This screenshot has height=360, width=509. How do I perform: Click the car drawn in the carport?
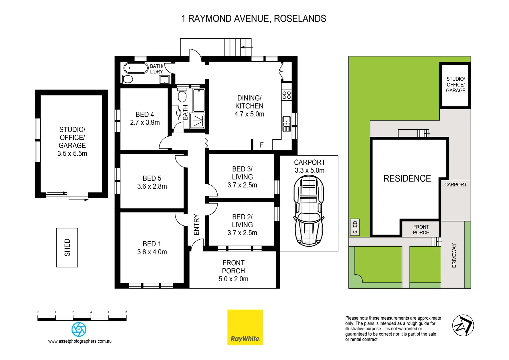coord(309,211)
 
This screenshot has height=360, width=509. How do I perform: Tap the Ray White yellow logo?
coord(245,327)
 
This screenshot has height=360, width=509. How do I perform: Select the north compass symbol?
coord(463,325)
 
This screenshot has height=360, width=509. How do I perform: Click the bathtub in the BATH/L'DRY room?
coord(136,68)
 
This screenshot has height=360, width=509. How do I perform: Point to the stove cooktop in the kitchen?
coord(286,95)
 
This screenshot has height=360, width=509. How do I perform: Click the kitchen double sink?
coord(286,124)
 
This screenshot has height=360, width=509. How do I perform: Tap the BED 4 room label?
coord(145,114)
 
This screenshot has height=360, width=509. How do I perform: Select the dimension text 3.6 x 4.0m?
coord(152,252)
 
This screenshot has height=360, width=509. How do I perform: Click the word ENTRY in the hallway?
coord(197,225)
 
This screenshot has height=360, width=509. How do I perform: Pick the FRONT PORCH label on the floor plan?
coord(233,267)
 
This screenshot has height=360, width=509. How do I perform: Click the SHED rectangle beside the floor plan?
coord(67,247)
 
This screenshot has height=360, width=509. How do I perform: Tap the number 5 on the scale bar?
coord(126,312)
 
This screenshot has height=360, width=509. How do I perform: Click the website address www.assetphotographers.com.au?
coord(80,341)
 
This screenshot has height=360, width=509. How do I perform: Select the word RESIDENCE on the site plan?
coord(407,178)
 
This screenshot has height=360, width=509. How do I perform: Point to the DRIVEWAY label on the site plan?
coord(454,255)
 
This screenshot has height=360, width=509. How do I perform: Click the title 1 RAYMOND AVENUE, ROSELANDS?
coord(254,19)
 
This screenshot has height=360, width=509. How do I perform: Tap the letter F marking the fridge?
coord(261,145)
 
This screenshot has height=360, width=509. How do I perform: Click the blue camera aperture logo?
coord(79,329)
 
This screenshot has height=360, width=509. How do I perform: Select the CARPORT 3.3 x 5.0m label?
coord(309,166)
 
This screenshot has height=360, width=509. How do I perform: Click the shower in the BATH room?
coord(197,121)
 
